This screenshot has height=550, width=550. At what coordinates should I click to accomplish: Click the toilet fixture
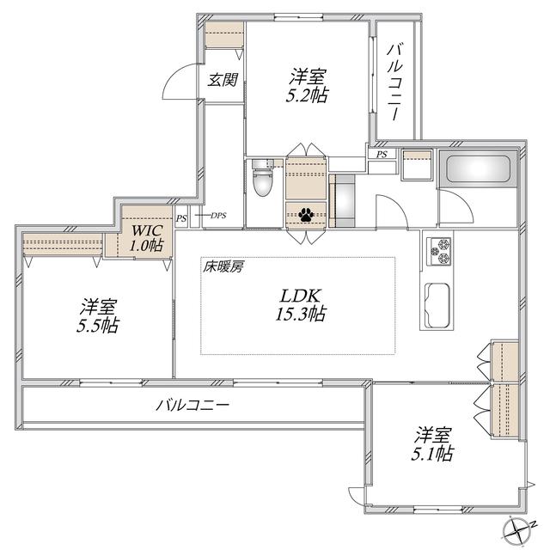pyautogui.click(x=262, y=178)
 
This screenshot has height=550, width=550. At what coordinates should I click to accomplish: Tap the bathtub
pyautogui.click(x=478, y=168)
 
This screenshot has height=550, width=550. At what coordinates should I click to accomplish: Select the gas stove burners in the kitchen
pyautogui.click(x=439, y=251)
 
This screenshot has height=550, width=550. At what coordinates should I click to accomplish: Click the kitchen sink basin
pyautogui.click(x=437, y=305)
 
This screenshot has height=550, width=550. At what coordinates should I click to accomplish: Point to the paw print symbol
pyautogui.click(x=306, y=215)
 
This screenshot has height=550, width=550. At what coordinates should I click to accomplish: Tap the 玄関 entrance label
pyautogui.click(x=223, y=80)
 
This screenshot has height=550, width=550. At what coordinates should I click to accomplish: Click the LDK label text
pyautogui.click(x=300, y=296)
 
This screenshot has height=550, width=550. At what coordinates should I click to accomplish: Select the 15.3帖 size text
pyautogui.click(x=300, y=314)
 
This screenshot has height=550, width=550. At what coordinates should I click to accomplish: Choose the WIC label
pyautogui.click(x=147, y=230)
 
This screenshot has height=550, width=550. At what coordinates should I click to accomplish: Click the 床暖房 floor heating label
pyautogui.click(x=223, y=267)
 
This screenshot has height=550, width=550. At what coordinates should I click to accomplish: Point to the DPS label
pyautogui.click(x=218, y=216)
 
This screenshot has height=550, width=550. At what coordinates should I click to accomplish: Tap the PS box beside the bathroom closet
pyautogui.click(x=382, y=155)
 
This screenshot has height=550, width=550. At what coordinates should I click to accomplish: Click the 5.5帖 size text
pyautogui.click(x=98, y=326)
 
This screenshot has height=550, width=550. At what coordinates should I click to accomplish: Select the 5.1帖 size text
pyautogui.click(x=432, y=454)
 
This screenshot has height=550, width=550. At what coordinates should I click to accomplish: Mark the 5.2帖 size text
pyautogui.click(x=308, y=95)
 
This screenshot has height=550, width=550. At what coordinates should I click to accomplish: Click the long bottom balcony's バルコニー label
pyautogui.click(x=192, y=406)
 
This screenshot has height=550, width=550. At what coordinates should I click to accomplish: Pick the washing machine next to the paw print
pyautogui.click(x=342, y=201)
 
